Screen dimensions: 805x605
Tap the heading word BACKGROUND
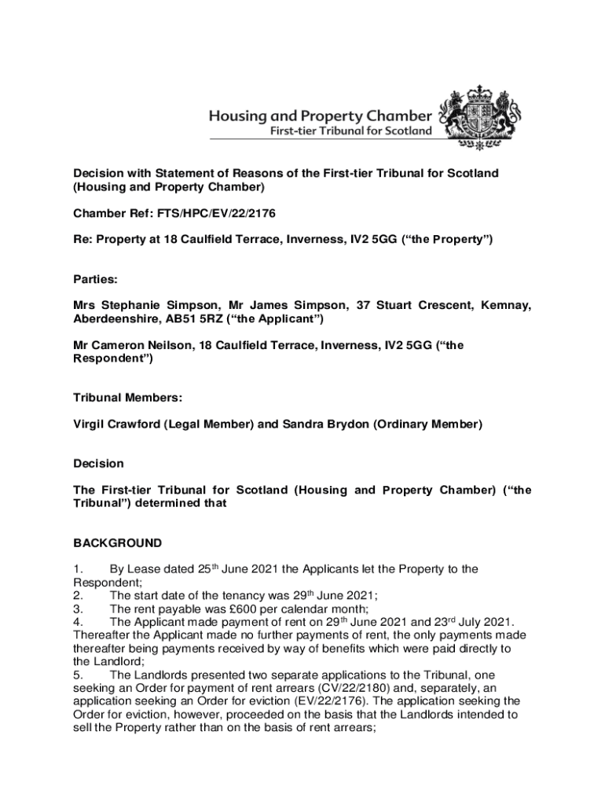[x=118, y=542]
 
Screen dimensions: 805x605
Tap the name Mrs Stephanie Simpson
[x=139, y=305]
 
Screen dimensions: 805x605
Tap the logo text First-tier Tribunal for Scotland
[x=351, y=130]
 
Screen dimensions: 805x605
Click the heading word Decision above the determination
[x=98, y=464]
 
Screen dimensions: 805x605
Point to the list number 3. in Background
[x=78, y=608]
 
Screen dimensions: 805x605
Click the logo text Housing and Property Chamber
[x=320, y=115]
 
